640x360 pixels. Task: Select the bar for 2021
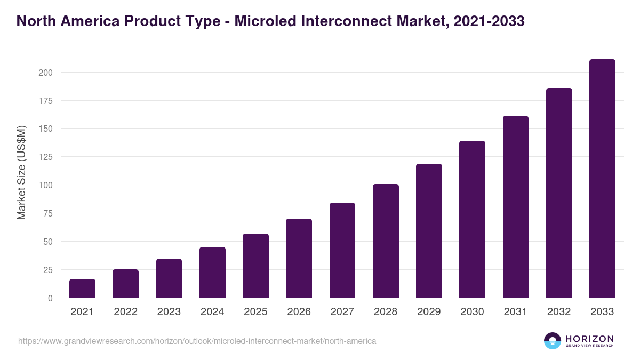click(x=82, y=289)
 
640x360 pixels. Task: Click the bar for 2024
click(x=212, y=273)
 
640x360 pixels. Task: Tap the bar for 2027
click(x=342, y=250)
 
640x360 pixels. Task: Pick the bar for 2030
click(x=472, y=219)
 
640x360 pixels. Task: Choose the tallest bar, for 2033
click(x=602, y=179)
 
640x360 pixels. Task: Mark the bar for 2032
click(x=559, y=193)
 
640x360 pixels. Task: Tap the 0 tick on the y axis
click(x=50, y=298)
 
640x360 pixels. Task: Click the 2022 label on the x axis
click(x=125, y=312)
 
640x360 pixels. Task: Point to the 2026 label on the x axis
click(x=299, y=312)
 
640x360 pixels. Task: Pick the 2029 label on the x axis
click(x=429, y=312)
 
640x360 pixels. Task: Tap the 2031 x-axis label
click(x=515, y=312)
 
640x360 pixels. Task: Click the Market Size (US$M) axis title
click(x=21, y=172)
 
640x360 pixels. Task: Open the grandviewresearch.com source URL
click(x=197, y=341)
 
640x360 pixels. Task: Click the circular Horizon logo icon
click(x=553, y=341)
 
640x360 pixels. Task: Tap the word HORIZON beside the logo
click(x=589, y=339)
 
